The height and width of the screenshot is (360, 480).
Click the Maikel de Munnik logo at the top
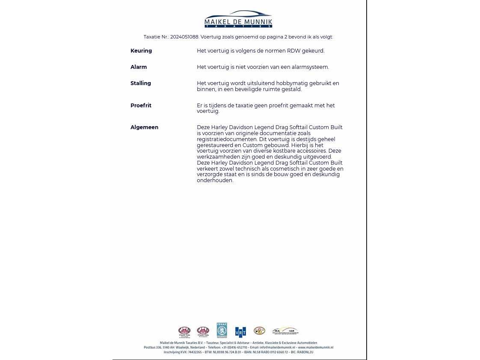(238, 19)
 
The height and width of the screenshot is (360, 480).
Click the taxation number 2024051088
(184, 37)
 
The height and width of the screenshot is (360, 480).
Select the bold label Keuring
(141, 51)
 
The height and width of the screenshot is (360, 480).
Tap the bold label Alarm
(139, 67)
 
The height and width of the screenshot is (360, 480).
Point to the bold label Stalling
(141, 83)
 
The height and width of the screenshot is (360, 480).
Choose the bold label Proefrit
(141, 106)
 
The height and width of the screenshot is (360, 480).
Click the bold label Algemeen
(144, 127)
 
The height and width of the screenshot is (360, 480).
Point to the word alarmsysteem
(311, 67)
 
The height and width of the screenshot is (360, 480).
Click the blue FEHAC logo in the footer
(222, 330)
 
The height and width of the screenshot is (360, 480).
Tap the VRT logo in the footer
(240, 332)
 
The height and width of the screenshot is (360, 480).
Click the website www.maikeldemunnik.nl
(316, 348)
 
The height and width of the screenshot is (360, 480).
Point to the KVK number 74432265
(195, 352)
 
